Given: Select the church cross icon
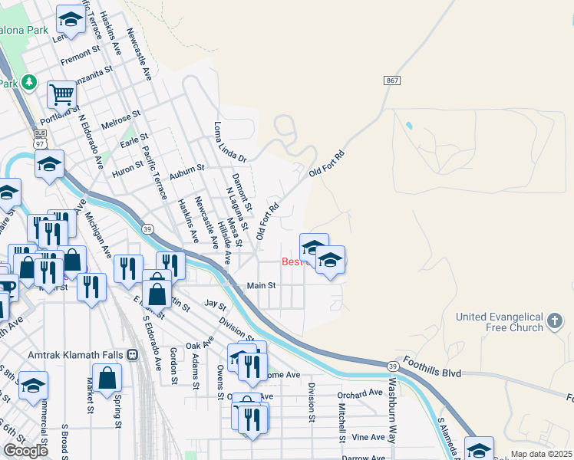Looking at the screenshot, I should [556, 320].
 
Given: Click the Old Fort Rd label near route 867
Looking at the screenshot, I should [327, 163].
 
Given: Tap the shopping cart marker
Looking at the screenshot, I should [61, 95].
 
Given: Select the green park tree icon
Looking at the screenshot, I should [29, 80].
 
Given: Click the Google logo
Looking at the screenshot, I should [26, 450].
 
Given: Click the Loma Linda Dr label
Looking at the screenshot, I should [231, 143].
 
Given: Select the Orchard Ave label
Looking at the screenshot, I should [360, 393].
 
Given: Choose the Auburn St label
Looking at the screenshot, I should [187, 170].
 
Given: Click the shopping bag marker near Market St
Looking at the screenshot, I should [109, 378].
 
